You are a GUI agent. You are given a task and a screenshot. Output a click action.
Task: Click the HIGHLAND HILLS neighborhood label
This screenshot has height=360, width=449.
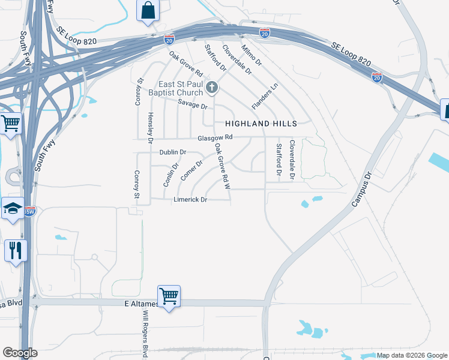[261, 124]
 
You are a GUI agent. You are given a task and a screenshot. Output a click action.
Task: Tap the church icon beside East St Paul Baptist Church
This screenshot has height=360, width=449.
[211, 88]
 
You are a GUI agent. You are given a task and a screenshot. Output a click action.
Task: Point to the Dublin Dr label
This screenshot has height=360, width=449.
[173, 152]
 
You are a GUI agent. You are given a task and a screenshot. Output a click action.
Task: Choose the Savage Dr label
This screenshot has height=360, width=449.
[196, 106]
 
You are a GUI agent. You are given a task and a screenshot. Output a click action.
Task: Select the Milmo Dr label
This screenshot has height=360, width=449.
[252, 54]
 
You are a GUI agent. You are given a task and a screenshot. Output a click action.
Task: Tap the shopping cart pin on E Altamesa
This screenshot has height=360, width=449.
[169, 296]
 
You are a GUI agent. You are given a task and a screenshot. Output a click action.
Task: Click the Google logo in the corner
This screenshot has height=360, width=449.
[20, 353]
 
